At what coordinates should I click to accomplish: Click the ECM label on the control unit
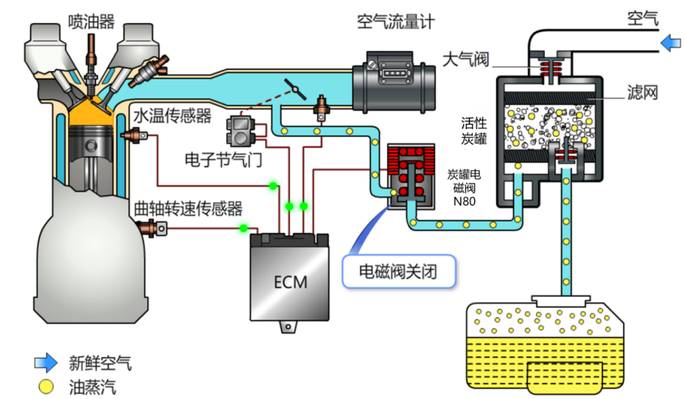[x=291, y=282]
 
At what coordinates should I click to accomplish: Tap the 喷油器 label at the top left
[x=91, y=21]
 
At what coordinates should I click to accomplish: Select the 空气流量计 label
[x=396, y=21]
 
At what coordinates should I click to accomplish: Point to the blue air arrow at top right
[x=671, y=44]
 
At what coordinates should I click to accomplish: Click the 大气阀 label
[x=465, y=59]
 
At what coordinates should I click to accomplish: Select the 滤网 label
[x=642, y=92]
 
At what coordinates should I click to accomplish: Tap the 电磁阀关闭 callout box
[x=398, y=272]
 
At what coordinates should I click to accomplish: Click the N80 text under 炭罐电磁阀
[x=464, y=202]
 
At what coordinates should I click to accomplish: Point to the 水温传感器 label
[x=173, y=116]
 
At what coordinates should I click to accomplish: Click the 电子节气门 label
[x=223, y=159]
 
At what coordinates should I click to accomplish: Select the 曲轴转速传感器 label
[x=188, y=209]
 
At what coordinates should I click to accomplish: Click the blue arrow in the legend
[x=46, y=362]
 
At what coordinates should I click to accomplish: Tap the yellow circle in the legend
[x=45, y=386]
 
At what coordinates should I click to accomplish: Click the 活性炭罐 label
[x=474, y=131]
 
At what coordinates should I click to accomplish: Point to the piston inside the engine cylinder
[x=91, y=149]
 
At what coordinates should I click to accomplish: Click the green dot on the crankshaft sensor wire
[x=243, y=228]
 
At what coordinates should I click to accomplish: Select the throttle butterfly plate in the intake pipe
[x=296, y=90]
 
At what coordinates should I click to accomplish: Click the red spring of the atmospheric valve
[x=551, y=67]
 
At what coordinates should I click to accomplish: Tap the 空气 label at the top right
[x=643, y=18]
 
